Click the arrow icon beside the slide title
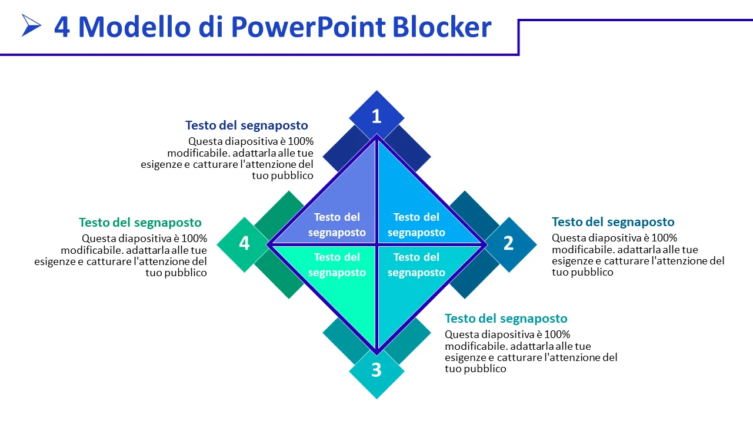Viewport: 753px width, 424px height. pos(31,25)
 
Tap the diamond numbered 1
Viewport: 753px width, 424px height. pos(376,116)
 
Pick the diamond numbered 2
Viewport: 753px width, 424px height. pos(509,243)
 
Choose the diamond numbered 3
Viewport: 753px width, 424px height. pos(376,370)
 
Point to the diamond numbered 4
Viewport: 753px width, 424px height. pos(244,243)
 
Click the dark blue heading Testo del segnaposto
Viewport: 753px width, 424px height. pos(246,125)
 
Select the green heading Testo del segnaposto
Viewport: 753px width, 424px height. pos(140,223)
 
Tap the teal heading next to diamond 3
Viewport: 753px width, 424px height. pos(506,319)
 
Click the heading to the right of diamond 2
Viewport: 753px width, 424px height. pos(613,222)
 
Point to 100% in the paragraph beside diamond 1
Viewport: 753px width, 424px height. pos(301,141)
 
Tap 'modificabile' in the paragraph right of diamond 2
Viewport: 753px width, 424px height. pos(582,250)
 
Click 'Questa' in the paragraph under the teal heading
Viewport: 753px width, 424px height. pos(461,334)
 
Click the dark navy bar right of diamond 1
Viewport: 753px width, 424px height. pos(408,148)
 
